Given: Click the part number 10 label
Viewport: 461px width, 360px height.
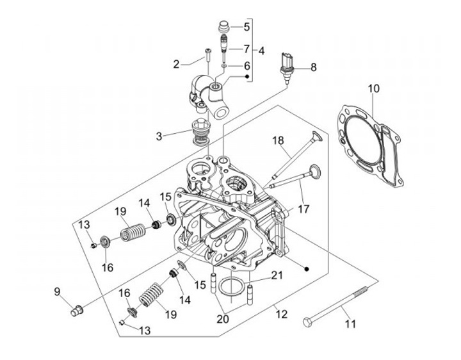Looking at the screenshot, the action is (x=373, y=88).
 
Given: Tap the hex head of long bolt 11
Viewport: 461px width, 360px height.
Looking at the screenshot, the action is (x=307, y=322).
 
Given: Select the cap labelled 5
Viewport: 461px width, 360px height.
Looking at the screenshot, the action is (x=225, y=26).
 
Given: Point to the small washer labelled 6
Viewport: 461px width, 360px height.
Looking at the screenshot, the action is (x=224, y=66).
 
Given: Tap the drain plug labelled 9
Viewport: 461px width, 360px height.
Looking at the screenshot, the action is (x=77, y=311).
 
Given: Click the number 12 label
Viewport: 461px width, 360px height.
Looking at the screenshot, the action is (x=281, y=314).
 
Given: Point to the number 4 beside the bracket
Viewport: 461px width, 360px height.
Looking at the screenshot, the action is (x=261, y=51).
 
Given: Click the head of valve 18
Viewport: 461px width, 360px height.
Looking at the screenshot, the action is (x=316, y=136).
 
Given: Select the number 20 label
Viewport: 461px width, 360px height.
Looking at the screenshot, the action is (x=223, y=319).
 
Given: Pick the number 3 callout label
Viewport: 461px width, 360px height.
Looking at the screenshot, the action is (x=159, y=136).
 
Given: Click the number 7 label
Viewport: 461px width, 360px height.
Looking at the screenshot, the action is (x=247, y=49).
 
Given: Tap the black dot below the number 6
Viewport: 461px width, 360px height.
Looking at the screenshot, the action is (x=247, y=76).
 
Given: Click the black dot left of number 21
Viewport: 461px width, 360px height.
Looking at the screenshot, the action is (x=307, y=269).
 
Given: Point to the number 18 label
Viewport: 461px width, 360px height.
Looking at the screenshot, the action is (x=278, y=140).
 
